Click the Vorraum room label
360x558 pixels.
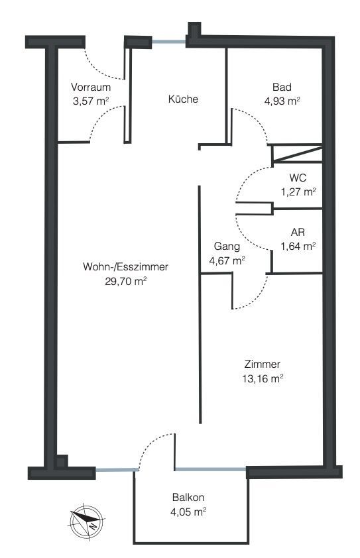(x=91, y=87)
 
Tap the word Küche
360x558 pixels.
(x=183, y=99)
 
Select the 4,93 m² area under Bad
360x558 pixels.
(x=282, y=101)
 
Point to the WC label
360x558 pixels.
(x=298, y=178)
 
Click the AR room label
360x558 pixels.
(x=298, y=233)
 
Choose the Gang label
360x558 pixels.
(x=227, y=247)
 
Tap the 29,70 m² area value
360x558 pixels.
(x=126, y=282)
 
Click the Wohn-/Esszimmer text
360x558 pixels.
(x=125, y=267)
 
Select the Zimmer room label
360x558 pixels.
(x=263, y=364)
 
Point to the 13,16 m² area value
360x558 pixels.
(x=263, y=378)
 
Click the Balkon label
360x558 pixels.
(x=188, y=497)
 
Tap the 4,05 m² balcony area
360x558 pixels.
(x=189, y=512)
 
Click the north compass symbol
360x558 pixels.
(x=87, y=522)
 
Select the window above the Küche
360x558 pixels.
(x=169, y=42)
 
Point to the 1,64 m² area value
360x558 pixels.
(x=298, y=247)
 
